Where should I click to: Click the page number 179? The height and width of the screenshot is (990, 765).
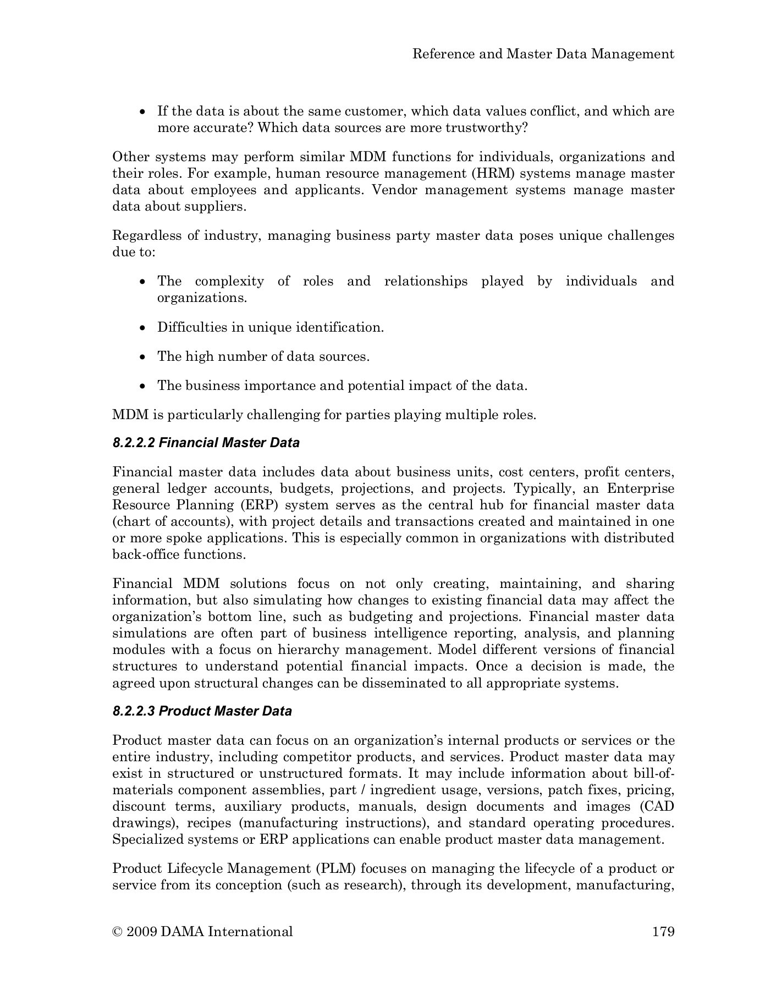[663, 931]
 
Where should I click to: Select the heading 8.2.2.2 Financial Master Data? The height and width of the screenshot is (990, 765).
[206, 443]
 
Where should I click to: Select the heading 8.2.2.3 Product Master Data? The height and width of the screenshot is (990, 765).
[202, 711]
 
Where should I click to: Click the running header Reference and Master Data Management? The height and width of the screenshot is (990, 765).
[543, 53]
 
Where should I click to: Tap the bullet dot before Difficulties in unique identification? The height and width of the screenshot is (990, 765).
[143, 328]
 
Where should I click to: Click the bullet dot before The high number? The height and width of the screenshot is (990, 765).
[143, 358]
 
